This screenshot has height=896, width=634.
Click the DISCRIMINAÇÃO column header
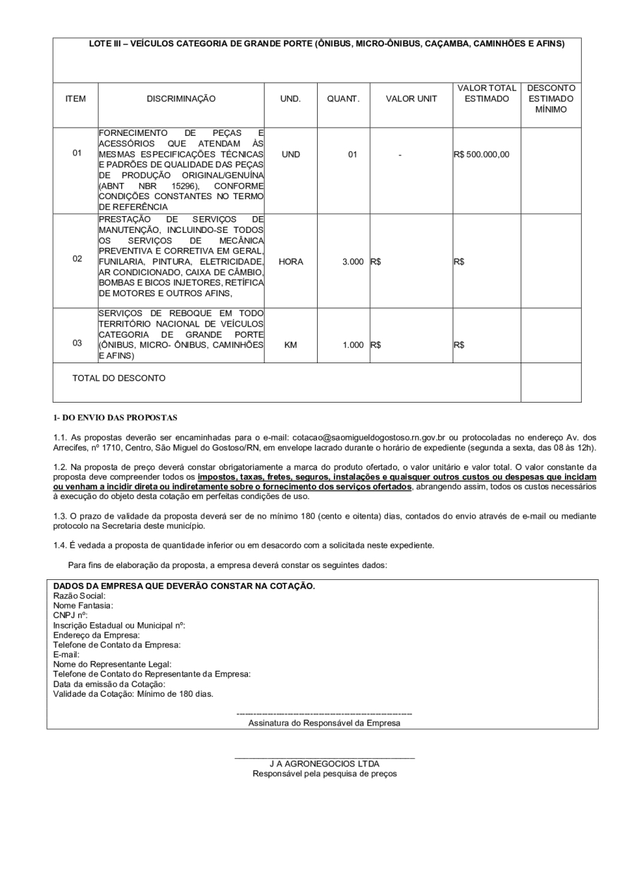tap(181, 99)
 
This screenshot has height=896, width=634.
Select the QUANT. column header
tap(343, 99)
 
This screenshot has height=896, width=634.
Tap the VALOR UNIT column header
tap(411, 99)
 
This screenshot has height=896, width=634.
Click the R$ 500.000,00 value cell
tap(483, 154)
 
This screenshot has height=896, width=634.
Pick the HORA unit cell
tap(291, 261)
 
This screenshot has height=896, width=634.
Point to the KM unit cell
tap(290, 346)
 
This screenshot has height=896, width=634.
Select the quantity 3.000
tap(353, 261)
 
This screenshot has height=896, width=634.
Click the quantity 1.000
tap(353, 346)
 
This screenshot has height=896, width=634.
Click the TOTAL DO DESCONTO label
tap(119, 378)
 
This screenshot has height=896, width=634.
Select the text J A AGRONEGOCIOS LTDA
tap(325, 764)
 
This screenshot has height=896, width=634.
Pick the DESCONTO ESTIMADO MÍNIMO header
tap(551, 99)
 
